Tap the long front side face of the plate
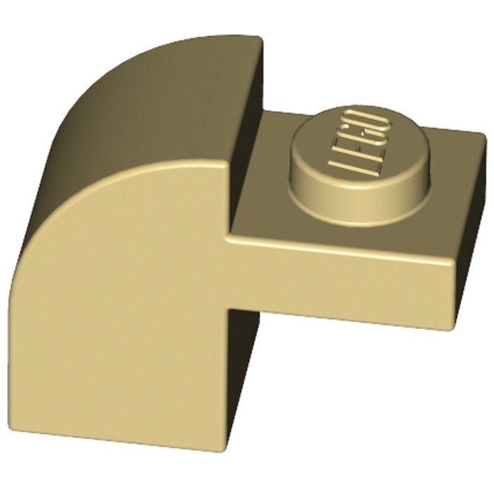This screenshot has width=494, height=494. click(339, 282)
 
